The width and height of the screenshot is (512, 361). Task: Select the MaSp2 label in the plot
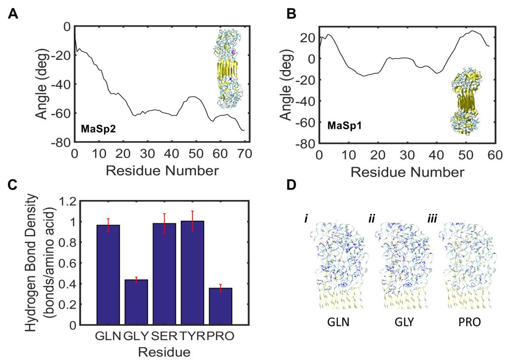(95, 129)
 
